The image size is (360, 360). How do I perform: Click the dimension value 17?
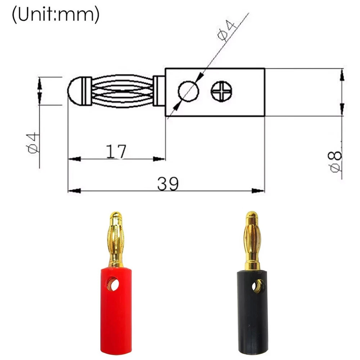coord(116,151)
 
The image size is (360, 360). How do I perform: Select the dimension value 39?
coord(168,184)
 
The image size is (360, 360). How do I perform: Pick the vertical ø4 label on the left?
coord(33,142)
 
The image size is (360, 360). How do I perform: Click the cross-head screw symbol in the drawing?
coord(221,91)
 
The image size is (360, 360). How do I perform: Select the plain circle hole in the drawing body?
coord(188,91)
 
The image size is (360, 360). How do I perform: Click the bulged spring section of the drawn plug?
coord(122,91)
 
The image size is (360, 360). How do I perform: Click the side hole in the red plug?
coord(113,284)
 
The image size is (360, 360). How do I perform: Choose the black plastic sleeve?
coord(252,319)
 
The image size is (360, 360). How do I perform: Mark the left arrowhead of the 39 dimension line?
coord(73,191)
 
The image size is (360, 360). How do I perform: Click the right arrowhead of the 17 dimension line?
coord(160,159)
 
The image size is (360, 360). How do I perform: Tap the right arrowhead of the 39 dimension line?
coord(259,191)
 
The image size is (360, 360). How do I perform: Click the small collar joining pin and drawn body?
coord(159,91)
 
